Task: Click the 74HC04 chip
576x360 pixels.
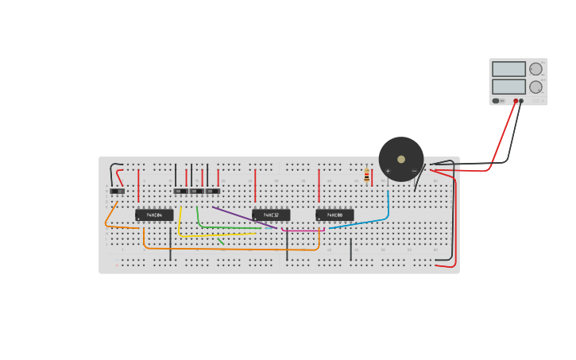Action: point(154,215)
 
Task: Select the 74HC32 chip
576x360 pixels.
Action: point(271,215)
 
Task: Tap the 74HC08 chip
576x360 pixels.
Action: point(334,215)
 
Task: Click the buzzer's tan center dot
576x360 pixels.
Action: point(401,159)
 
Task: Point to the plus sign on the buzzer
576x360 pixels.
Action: point(388,171)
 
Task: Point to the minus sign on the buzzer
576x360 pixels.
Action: point(414,171)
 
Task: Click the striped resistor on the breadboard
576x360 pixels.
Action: point(366,176)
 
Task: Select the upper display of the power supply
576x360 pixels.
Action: point(508,69)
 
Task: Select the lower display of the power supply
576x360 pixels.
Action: point(508,87)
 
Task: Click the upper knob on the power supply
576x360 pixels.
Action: point(536,69)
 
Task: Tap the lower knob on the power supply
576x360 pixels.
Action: point(536,87)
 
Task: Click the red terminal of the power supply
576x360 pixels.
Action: point(516,101)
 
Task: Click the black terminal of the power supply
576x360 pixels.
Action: point(521,101)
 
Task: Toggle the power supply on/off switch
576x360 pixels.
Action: point(496,101)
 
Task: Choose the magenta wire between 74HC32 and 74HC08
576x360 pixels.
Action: point(302,230)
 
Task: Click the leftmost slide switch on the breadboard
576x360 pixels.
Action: point(118,191)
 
